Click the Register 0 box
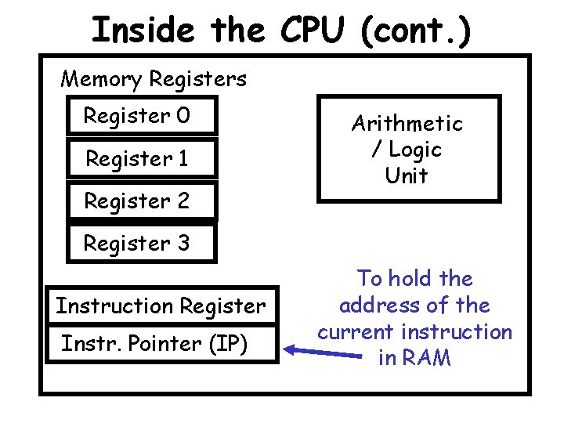[x=142, y=116]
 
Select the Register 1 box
[x=142, y=159]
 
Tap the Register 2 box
[x=142, y=201]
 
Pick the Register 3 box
[x=142, y=244]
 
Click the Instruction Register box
[x=161, y=305]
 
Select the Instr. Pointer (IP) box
[x=161, y=344]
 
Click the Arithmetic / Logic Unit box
[x=407, y=149]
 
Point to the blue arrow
[x=321, y=350]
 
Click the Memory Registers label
[x=154, y=79]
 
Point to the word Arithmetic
[x=407, y=123]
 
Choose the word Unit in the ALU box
[x=407, y=175]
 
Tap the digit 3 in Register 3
[x=183, y=244]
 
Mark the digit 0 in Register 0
[x=183, y=116]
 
